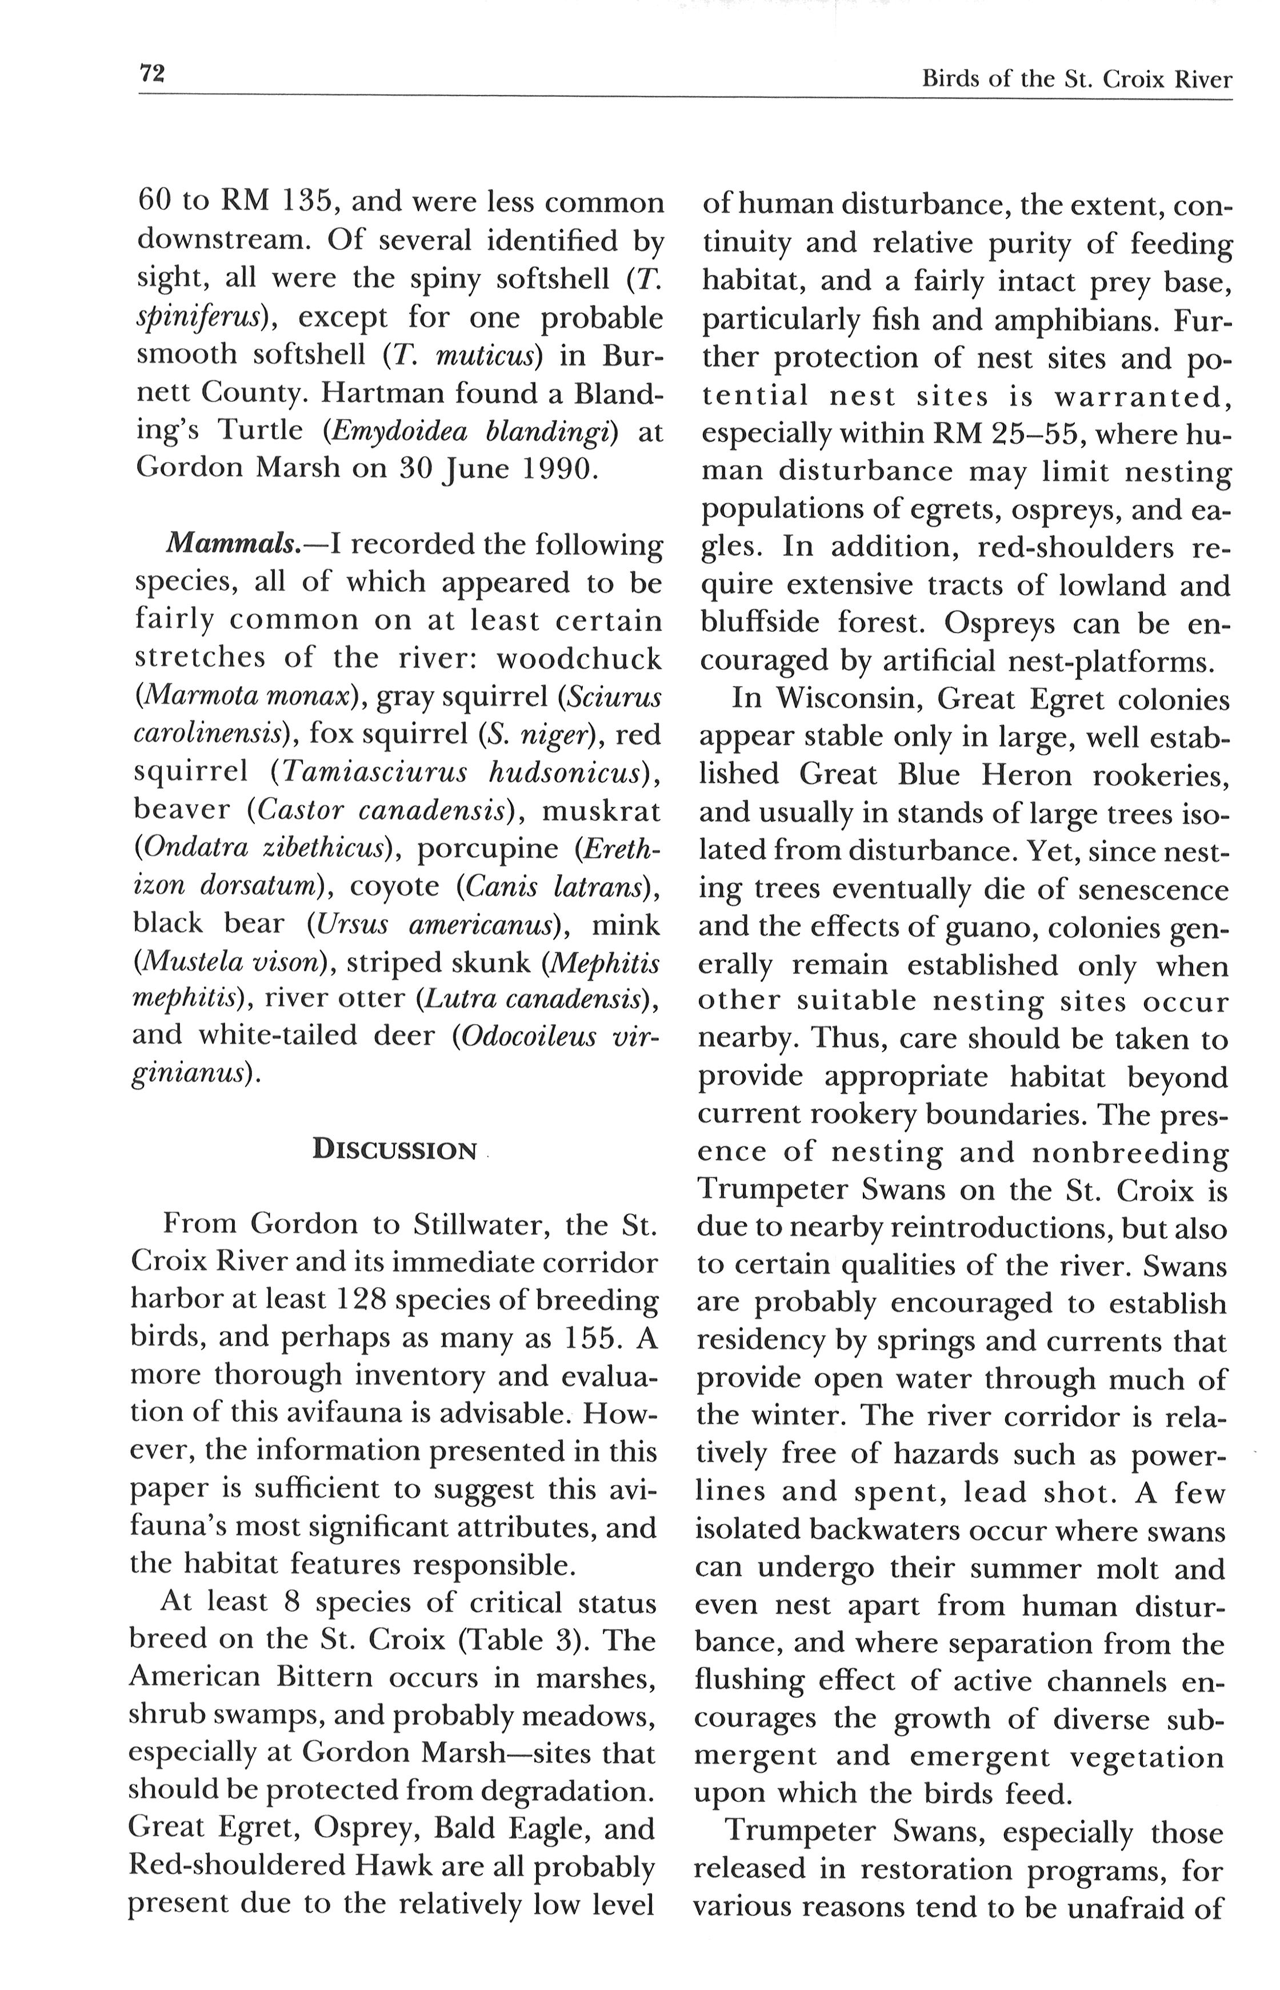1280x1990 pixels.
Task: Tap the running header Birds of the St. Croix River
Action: pos(1077,80)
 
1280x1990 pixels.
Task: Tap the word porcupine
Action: pos(488,848)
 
